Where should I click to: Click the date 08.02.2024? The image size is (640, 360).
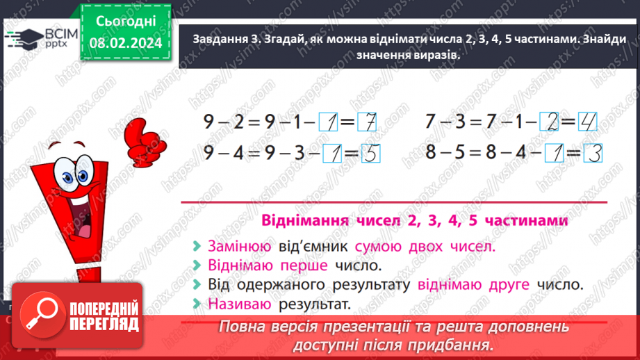tap(126, 42)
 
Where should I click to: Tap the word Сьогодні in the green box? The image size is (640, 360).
tap(126, 22)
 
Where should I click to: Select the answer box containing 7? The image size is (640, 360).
tap(366, 122)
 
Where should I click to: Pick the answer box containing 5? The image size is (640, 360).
tap(370, 153)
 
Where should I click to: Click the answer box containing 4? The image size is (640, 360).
tap(587, 121)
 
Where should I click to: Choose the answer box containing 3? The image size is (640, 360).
tap(593, 153)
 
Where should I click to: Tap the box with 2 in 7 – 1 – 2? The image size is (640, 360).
tap(549, 121)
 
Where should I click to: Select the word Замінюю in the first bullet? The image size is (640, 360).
tap(239, 247)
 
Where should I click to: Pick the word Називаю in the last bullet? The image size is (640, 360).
tap(239, 304)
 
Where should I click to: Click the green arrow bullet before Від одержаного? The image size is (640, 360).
tap(197, 284)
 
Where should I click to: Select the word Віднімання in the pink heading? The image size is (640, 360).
tap(305, 220)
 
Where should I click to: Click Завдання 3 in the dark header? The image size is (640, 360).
tap(226, 39)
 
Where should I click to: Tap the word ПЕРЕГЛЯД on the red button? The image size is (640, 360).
tap(104, 325)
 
